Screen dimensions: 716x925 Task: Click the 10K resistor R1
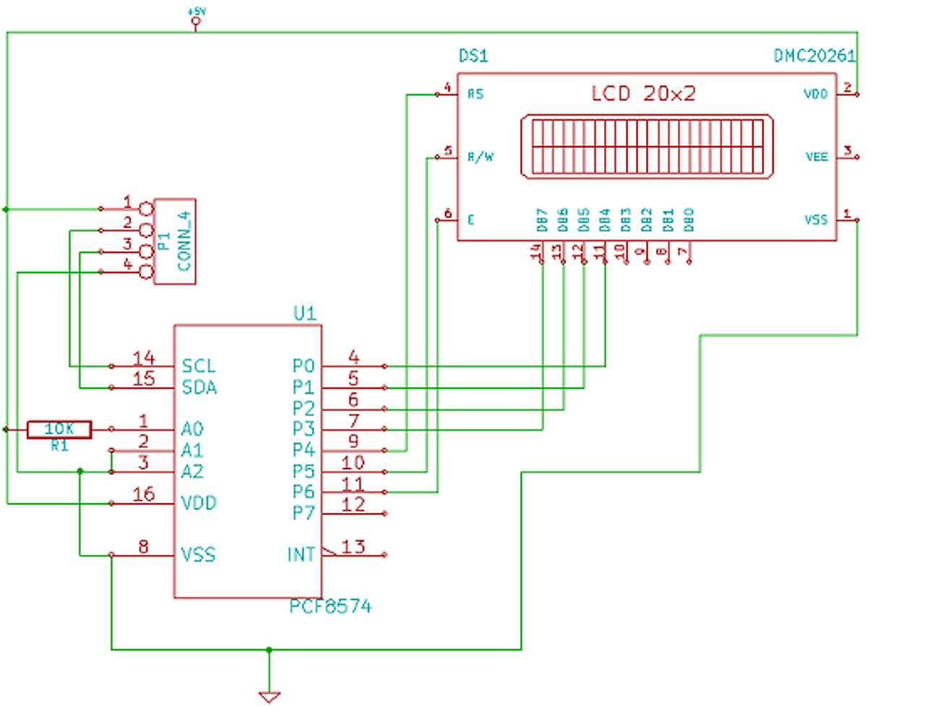59,429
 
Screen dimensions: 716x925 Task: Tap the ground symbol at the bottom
269,696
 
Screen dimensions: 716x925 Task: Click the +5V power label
196,12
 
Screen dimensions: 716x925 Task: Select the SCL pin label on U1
199,366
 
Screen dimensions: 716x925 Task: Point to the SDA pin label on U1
199,388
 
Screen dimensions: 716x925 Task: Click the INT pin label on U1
301,555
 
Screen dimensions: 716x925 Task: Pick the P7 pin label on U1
304,514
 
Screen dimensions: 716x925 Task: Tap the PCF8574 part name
330,607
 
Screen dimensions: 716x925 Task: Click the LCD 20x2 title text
643,94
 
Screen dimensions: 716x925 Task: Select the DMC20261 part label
814,56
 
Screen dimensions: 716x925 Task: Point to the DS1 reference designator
474,56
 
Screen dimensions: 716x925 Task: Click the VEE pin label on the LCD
817,157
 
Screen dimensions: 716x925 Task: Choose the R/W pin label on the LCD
481,157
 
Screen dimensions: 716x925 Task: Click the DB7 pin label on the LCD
542,220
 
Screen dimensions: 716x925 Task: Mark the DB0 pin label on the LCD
689,220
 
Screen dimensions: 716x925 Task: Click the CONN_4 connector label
184,241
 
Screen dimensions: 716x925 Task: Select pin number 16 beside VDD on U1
144,494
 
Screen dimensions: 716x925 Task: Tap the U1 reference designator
305,313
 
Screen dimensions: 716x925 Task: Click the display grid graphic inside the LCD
647,146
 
